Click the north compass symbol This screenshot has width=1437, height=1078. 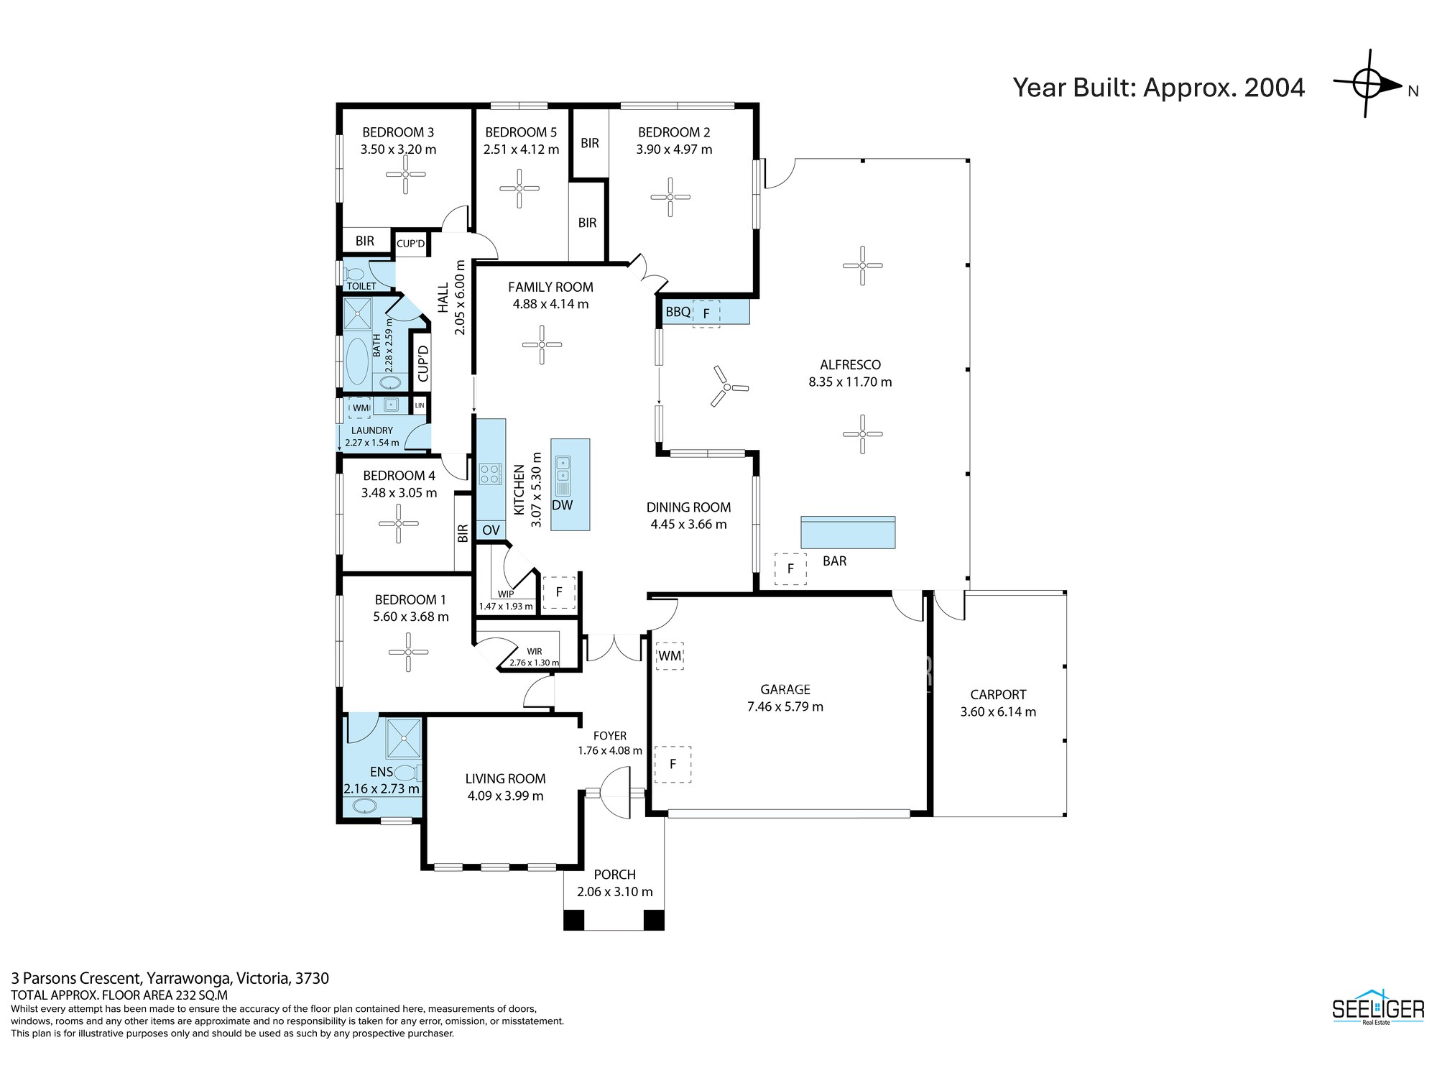(1367, 84)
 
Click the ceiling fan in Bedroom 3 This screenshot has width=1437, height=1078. (405, 174)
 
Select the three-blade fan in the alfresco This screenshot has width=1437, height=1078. (726, 387)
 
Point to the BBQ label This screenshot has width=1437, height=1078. (678, 312)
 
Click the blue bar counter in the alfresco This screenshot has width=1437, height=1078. (848, 533)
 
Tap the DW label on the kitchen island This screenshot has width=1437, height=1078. (562, 505)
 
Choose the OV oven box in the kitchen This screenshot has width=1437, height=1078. (491, 530)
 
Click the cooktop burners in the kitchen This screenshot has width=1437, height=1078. (490, 474)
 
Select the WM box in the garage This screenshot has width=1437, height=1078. (670, 655)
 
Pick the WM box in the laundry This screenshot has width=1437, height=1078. (360, 408)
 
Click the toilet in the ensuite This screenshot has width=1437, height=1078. (407, 773)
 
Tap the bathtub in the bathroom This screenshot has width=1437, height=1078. (357, 361)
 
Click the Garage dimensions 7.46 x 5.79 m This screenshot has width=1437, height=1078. (785, 706)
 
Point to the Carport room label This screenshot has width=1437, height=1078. (998, 694)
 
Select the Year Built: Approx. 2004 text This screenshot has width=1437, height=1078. (1159, 88)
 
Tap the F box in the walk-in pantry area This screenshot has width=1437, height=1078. (559, 593)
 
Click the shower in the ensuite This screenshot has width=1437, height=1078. (405, 738)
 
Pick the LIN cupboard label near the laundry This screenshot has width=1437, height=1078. (420, 405)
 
